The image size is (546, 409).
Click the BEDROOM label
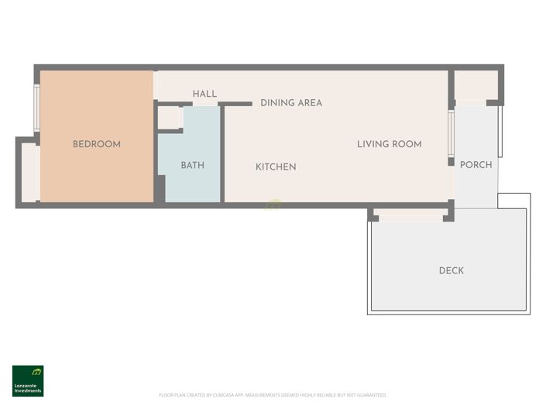[96, 144]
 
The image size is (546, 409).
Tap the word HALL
[204, 94]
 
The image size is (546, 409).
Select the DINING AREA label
[290, 103]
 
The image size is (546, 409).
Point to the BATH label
[192, 165]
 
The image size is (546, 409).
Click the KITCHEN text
[276, 167]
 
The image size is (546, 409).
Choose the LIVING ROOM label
[389, 144]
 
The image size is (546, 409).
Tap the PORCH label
[476, 164]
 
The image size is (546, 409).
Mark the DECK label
[451, 270]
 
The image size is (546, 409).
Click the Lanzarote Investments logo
[28, 380]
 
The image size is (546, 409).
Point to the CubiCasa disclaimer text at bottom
[273, 395]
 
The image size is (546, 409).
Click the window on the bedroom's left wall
[36, 108]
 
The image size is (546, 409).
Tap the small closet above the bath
[169, 118]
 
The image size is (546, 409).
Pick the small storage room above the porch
[475, 85]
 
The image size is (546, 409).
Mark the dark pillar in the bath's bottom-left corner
[160, 189]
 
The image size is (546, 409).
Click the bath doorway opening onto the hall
[205, 104]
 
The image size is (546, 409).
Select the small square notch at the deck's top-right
[513, 201]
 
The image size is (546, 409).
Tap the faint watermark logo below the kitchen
[273, 205]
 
